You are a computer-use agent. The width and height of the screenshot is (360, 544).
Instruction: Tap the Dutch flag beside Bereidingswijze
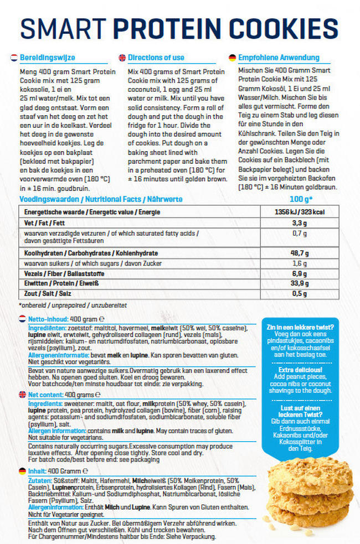click(13, 58)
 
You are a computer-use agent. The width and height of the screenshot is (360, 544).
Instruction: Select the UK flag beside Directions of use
click(122, 58)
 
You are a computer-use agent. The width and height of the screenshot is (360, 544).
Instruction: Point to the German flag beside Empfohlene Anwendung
click(232, 58)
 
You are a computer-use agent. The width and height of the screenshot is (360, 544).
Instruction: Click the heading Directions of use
click(156, 58)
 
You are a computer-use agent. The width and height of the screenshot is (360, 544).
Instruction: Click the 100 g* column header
click(301, 199)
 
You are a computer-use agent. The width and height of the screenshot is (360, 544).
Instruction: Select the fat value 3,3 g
click(300, 223)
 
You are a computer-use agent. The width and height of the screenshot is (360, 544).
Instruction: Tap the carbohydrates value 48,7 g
click(300, 252)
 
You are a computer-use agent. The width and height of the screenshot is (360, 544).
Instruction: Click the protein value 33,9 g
click(300, 283)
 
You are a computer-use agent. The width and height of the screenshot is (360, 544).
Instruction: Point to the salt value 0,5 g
click(300, 293)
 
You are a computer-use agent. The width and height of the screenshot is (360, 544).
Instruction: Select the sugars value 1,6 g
click(300, 263)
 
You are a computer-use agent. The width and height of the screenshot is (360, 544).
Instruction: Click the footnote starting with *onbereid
click(73, 305)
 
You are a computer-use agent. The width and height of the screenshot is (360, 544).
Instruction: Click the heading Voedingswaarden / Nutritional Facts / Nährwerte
click(101, 199)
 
